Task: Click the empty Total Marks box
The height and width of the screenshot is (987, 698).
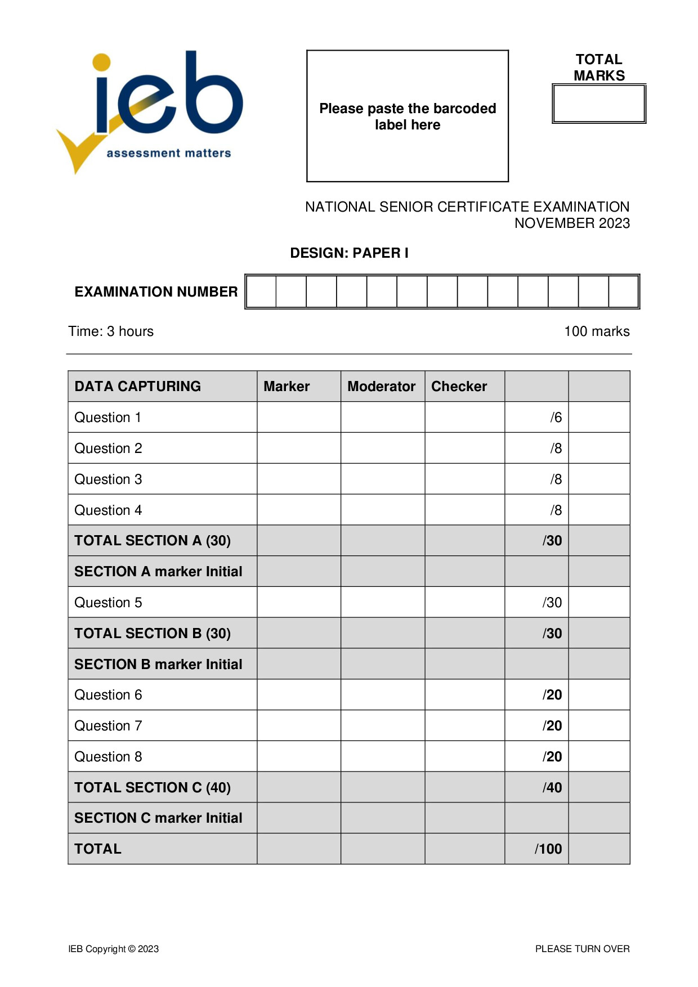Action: [x=598, y=104]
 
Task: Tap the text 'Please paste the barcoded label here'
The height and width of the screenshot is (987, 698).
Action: [x=407, y=116]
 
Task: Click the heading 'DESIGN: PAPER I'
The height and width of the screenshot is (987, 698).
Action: [x=349, y=253]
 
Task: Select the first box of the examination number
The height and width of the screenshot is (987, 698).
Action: [x=261, y=291]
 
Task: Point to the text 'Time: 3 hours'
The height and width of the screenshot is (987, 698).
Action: [x=111, y=331]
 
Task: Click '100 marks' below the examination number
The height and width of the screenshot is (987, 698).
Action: [x=596, y=331]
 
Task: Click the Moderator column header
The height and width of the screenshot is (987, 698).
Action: [x=381, y=387]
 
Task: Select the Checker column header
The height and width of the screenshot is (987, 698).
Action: [x=459, y=387]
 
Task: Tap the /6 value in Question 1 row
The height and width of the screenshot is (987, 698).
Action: [x=556, y=418]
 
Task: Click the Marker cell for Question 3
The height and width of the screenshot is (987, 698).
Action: [x=298, y=479]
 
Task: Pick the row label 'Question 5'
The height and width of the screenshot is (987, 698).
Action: [x=108, y=603]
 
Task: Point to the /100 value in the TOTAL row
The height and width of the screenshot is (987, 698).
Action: [x=548, y=849]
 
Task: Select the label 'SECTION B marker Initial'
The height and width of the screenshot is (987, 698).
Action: [x=158, y=665]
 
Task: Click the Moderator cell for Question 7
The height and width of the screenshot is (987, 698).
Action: [x=382, y=726]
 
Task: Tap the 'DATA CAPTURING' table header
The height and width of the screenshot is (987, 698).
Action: [x=137, y=387]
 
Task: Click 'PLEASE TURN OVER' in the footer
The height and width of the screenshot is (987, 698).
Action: [x=582, y=949]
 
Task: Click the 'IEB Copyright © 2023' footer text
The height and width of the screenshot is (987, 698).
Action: [x=113, y=949]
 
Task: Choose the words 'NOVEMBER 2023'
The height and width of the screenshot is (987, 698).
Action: [x=571, y=223]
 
